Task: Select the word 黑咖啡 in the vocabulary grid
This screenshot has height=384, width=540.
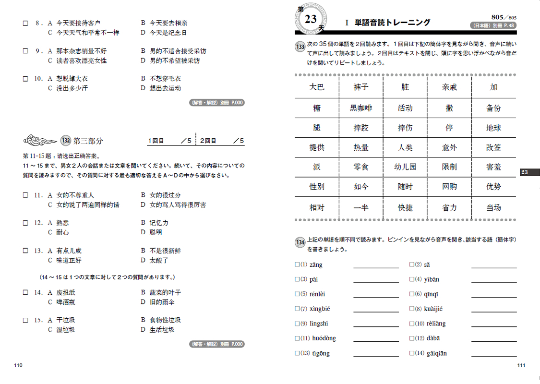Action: [x=361, y=108]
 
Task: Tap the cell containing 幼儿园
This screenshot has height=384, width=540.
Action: [x=405, y=167]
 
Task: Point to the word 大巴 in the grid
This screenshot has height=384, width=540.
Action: [x=317, y=87]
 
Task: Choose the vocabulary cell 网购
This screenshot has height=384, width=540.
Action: [x=449, y=187]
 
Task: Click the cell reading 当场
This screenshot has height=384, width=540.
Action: [x=493, y=207]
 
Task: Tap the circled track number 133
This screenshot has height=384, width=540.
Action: [x=300, y=47]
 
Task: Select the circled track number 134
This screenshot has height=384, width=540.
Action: [x=300, y=242]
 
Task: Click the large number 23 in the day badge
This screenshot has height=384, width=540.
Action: [x=311, y=19]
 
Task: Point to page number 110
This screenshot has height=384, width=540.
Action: [x=19, y=366]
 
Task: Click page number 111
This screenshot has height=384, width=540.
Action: [x=521, y=366]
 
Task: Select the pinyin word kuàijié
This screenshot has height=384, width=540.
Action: [x=434, y=309]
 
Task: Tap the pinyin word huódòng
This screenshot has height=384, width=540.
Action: [x=324, y=338]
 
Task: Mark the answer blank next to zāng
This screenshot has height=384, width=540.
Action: [x=376, y=264]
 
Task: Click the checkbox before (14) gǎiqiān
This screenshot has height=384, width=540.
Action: [x=412, y=354]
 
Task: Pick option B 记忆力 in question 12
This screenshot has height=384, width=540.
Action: [x=159, y=223]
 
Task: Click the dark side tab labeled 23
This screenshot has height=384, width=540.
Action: [x=529, y=172]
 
